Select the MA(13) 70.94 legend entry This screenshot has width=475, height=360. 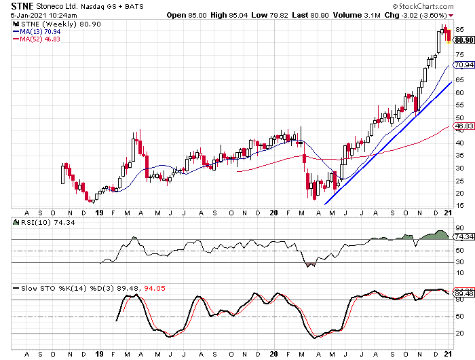35,31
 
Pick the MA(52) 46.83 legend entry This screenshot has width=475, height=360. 35,39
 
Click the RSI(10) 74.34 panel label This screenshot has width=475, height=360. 30,222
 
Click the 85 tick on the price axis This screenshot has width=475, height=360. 459,30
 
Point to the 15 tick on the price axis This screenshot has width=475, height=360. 459,205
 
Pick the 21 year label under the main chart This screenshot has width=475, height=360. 447,212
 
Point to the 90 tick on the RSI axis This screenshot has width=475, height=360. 459,228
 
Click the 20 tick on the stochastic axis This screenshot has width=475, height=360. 459,334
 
